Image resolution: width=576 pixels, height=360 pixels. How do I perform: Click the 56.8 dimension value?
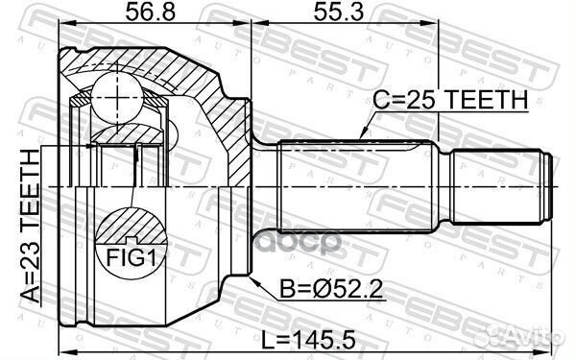[151, 12]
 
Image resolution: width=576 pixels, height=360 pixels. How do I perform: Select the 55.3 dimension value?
[339, 12]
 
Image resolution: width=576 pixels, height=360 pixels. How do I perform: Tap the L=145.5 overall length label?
[308, 340]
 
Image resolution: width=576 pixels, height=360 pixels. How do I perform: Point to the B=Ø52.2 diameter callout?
[331, 289]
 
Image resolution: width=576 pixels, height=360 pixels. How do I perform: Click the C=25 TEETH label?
[450, 99]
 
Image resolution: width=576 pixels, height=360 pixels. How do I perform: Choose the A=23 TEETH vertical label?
[30, 226]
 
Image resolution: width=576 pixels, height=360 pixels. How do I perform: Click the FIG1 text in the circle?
[131, 257]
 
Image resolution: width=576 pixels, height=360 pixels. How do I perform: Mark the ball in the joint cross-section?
[117, 97]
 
